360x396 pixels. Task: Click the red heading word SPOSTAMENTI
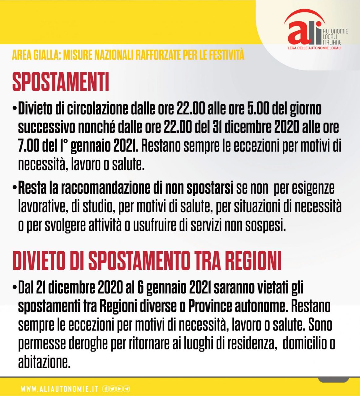pyautogui.click(x=61, y=82)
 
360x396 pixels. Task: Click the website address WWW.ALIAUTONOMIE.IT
pyautogui.click(x=59, y=389)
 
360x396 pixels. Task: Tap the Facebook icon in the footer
pyautogui.click(x=105, y=389)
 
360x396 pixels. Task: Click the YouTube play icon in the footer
pyautogui.click(x=119, y=389)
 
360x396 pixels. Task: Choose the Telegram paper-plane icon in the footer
pyautogui.click(x=126, y=389)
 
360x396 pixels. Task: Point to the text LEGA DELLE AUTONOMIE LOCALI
pyautogui.click(x=314, y=48)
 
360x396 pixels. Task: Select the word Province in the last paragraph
pyautogui.click(x=210, y=307)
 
